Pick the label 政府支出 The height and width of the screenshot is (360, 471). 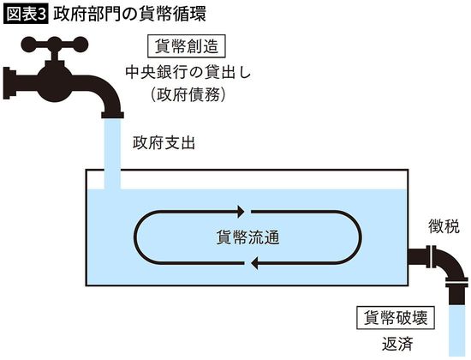click(x=164, y=142)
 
